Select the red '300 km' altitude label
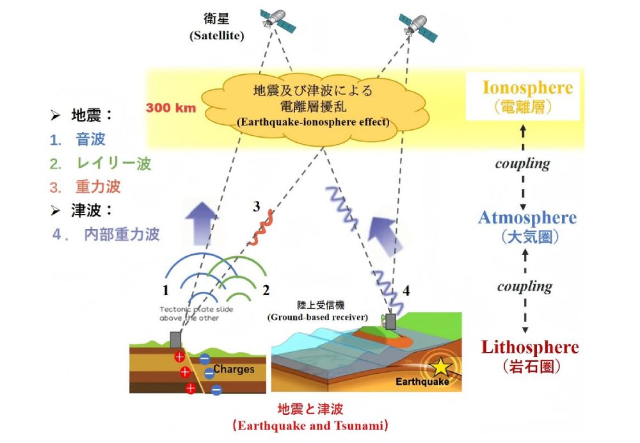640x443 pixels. click(x=171, y=108)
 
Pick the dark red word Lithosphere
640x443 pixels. click(x=529, y=348)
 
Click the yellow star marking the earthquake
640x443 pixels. click(x=440, y=367)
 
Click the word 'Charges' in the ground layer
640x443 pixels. click(x=234, y=369)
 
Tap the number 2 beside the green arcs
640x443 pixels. click(x=265, y=290)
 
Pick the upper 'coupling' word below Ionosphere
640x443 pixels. click(x=523, y=163)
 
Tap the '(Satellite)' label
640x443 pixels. click(x=216, y=36)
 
